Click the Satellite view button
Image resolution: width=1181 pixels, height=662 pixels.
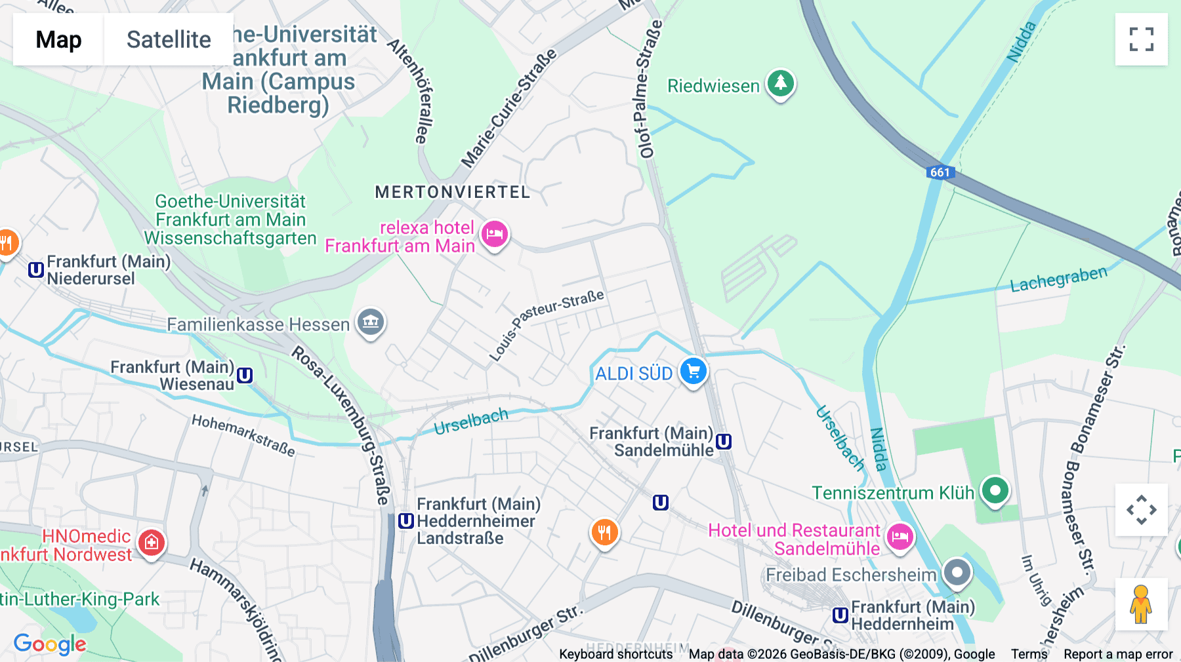[169, 39]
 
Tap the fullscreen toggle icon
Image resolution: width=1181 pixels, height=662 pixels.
[1141, 39]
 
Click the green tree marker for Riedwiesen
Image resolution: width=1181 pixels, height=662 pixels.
[780, 84]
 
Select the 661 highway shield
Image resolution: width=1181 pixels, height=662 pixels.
[940, 172]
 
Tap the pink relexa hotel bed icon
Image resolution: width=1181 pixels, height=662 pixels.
[495, 234]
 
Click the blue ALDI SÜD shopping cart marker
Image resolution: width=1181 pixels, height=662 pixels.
[694, 372]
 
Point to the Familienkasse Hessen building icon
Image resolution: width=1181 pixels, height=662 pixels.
[371, 322]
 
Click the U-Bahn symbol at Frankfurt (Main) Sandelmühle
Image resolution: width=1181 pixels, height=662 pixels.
[724, 442]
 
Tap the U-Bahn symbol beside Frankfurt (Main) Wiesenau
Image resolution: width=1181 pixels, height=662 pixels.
[245, 376]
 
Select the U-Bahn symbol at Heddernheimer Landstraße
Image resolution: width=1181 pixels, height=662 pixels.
[406, 521]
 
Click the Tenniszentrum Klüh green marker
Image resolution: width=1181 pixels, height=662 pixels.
[995, 490]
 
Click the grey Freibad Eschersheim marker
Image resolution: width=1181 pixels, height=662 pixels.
[957, 573]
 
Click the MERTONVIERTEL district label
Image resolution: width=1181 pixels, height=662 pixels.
[452, 192]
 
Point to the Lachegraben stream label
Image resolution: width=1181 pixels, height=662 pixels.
[1058, 280]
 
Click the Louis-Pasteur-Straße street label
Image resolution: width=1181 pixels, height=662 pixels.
[546, 325]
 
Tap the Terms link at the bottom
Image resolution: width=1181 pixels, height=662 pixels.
[1029, 654]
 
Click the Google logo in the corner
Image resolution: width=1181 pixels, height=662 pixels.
[50, 644]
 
